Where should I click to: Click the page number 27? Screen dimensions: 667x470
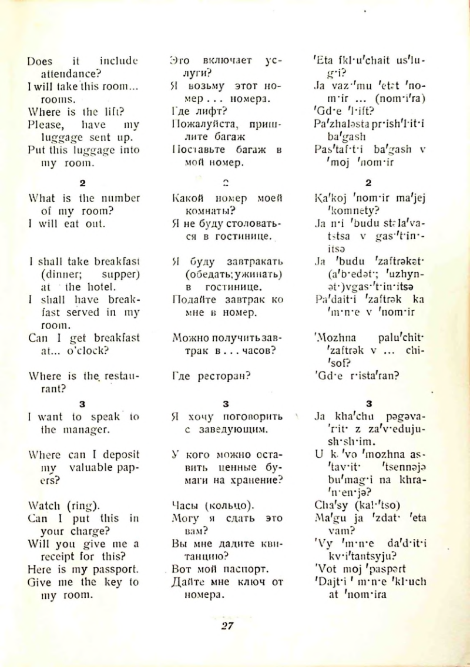pyautogui.click(x=227, y=625)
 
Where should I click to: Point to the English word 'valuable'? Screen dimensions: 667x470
pyautogui.click(x=92, y=468)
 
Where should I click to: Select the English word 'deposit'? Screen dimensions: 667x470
pyautogui.click(x=119, y=455)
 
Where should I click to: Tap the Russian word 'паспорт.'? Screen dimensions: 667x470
pyautogui.click(x=237, y=569)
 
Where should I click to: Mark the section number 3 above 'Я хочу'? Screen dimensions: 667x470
pyautogui.click(x=226, y=404)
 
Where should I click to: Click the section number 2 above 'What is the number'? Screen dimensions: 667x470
pyautogui.click(x=83, y=183)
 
